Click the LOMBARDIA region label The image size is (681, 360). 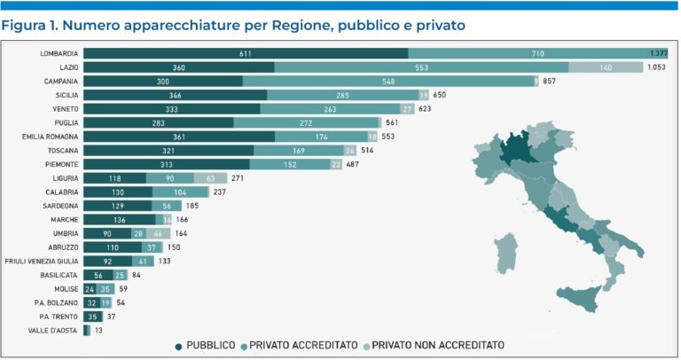click(59, 53)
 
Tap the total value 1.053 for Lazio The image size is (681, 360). click(654, 67)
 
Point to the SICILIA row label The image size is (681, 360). click(65, 95)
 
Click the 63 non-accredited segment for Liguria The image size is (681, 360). click(209, 178)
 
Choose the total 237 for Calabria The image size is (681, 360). click(221, 192)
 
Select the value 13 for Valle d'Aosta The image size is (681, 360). click(99, 330)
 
